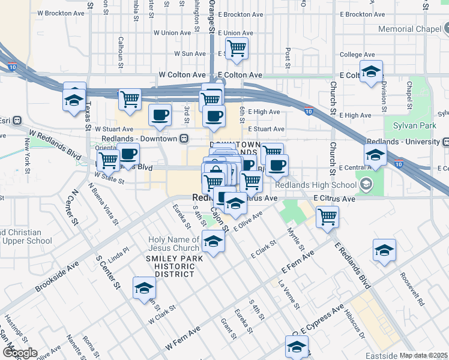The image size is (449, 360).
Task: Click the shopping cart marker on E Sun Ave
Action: [x=237, y=49]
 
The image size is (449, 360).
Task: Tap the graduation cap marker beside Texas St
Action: [x=74, y=100]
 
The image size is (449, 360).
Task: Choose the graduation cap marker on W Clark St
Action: [x=144, y=289]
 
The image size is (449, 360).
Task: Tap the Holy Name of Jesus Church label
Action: [x=174, y=244]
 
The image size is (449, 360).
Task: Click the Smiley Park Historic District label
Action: [x=170, y=266]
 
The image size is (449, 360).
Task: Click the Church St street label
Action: [x=333, y=98]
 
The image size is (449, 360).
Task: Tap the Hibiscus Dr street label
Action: [x=355, y=323]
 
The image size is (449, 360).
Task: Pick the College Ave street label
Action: [x=351, y=55]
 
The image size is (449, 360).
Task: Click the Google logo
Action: [x=19, y=352]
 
